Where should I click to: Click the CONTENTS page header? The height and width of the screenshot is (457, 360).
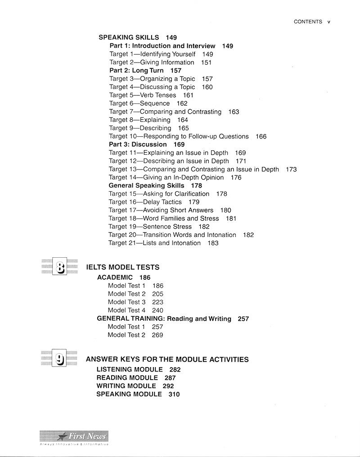[x=308, y=22]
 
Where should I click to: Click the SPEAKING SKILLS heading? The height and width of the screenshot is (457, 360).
[x=129, y=38]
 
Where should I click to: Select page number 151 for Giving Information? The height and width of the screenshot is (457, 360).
[x=206, y=63]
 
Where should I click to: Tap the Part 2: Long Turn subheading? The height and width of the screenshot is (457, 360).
[x=138, y=71]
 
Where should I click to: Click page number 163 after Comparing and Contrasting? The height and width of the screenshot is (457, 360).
[x=234, y=112]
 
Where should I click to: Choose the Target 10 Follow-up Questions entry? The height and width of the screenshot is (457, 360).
[x=179, y=136]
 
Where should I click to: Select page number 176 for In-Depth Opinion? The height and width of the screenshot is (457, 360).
[x=236, y=178]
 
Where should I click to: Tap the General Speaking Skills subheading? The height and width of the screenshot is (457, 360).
[x=146, y=185]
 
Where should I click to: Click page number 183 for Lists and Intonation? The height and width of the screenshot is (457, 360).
[x=213, y=243]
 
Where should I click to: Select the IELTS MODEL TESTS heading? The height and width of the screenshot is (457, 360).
[x=122, y=267]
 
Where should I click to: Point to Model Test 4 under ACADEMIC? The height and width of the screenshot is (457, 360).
[x=127, y=310]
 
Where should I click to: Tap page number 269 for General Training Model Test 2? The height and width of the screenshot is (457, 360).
[x=157, y=335]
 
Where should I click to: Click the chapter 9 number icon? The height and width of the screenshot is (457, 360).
[x=59, y=358]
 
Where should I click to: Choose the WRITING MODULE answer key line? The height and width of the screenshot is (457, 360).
[x=126, y=386]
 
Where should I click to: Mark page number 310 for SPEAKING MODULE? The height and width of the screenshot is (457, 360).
[x=174, y=394]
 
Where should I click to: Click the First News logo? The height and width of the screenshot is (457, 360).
[x=74, y=436]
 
